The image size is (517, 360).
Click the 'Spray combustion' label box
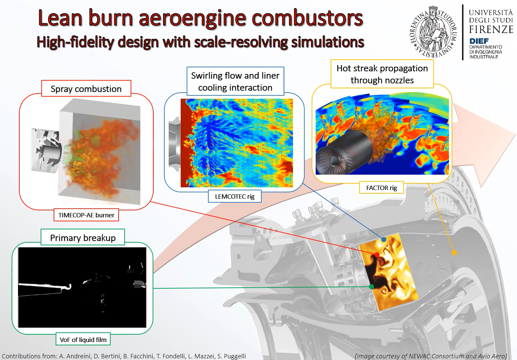(x=86, y=89)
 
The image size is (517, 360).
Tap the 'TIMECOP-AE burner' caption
(x=86, y=215)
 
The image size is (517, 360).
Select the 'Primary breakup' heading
(x=83, y=237)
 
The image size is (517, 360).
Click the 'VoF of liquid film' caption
(x=83, y=339)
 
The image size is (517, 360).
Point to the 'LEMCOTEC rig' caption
(x=235, y=196)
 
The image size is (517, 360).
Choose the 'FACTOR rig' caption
(x=382, y=188)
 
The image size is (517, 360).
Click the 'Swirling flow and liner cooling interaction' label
(x=235, y=81)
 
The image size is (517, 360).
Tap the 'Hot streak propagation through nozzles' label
(x=382, y=74)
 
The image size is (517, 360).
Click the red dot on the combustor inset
(x=377, y=255)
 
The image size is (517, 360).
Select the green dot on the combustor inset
(x=372, y=287)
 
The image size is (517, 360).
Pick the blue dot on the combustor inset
(x=384, y=240)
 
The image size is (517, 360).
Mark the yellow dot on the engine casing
(x=454, y=253)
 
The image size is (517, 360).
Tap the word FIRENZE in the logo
(x=491, y=29)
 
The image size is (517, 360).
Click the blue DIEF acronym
(x=479, y=41)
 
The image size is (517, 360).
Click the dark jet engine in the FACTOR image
(x=344, y=153)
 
